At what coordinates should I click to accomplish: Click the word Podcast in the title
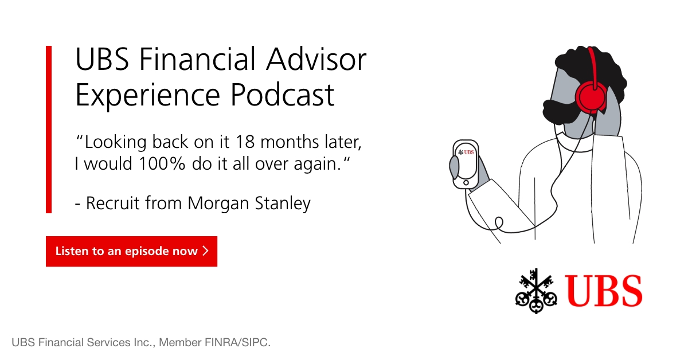pos(282,95)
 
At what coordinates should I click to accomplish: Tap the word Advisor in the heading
pos(316,59)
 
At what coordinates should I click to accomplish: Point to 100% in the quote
pos(162,163)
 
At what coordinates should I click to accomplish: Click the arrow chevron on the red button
pos(206,251)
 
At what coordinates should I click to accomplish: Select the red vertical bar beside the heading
pos(49,130)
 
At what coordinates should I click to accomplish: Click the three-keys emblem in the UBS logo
pos(536,291)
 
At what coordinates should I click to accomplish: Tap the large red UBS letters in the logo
pos(604,291)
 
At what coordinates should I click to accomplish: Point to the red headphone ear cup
pos(591,97)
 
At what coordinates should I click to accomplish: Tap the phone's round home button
pos(466,183)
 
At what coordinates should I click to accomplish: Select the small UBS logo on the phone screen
pos(466,152)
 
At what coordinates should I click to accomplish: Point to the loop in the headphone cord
pos(499,224)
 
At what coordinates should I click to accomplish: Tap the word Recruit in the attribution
pos(113,204)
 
